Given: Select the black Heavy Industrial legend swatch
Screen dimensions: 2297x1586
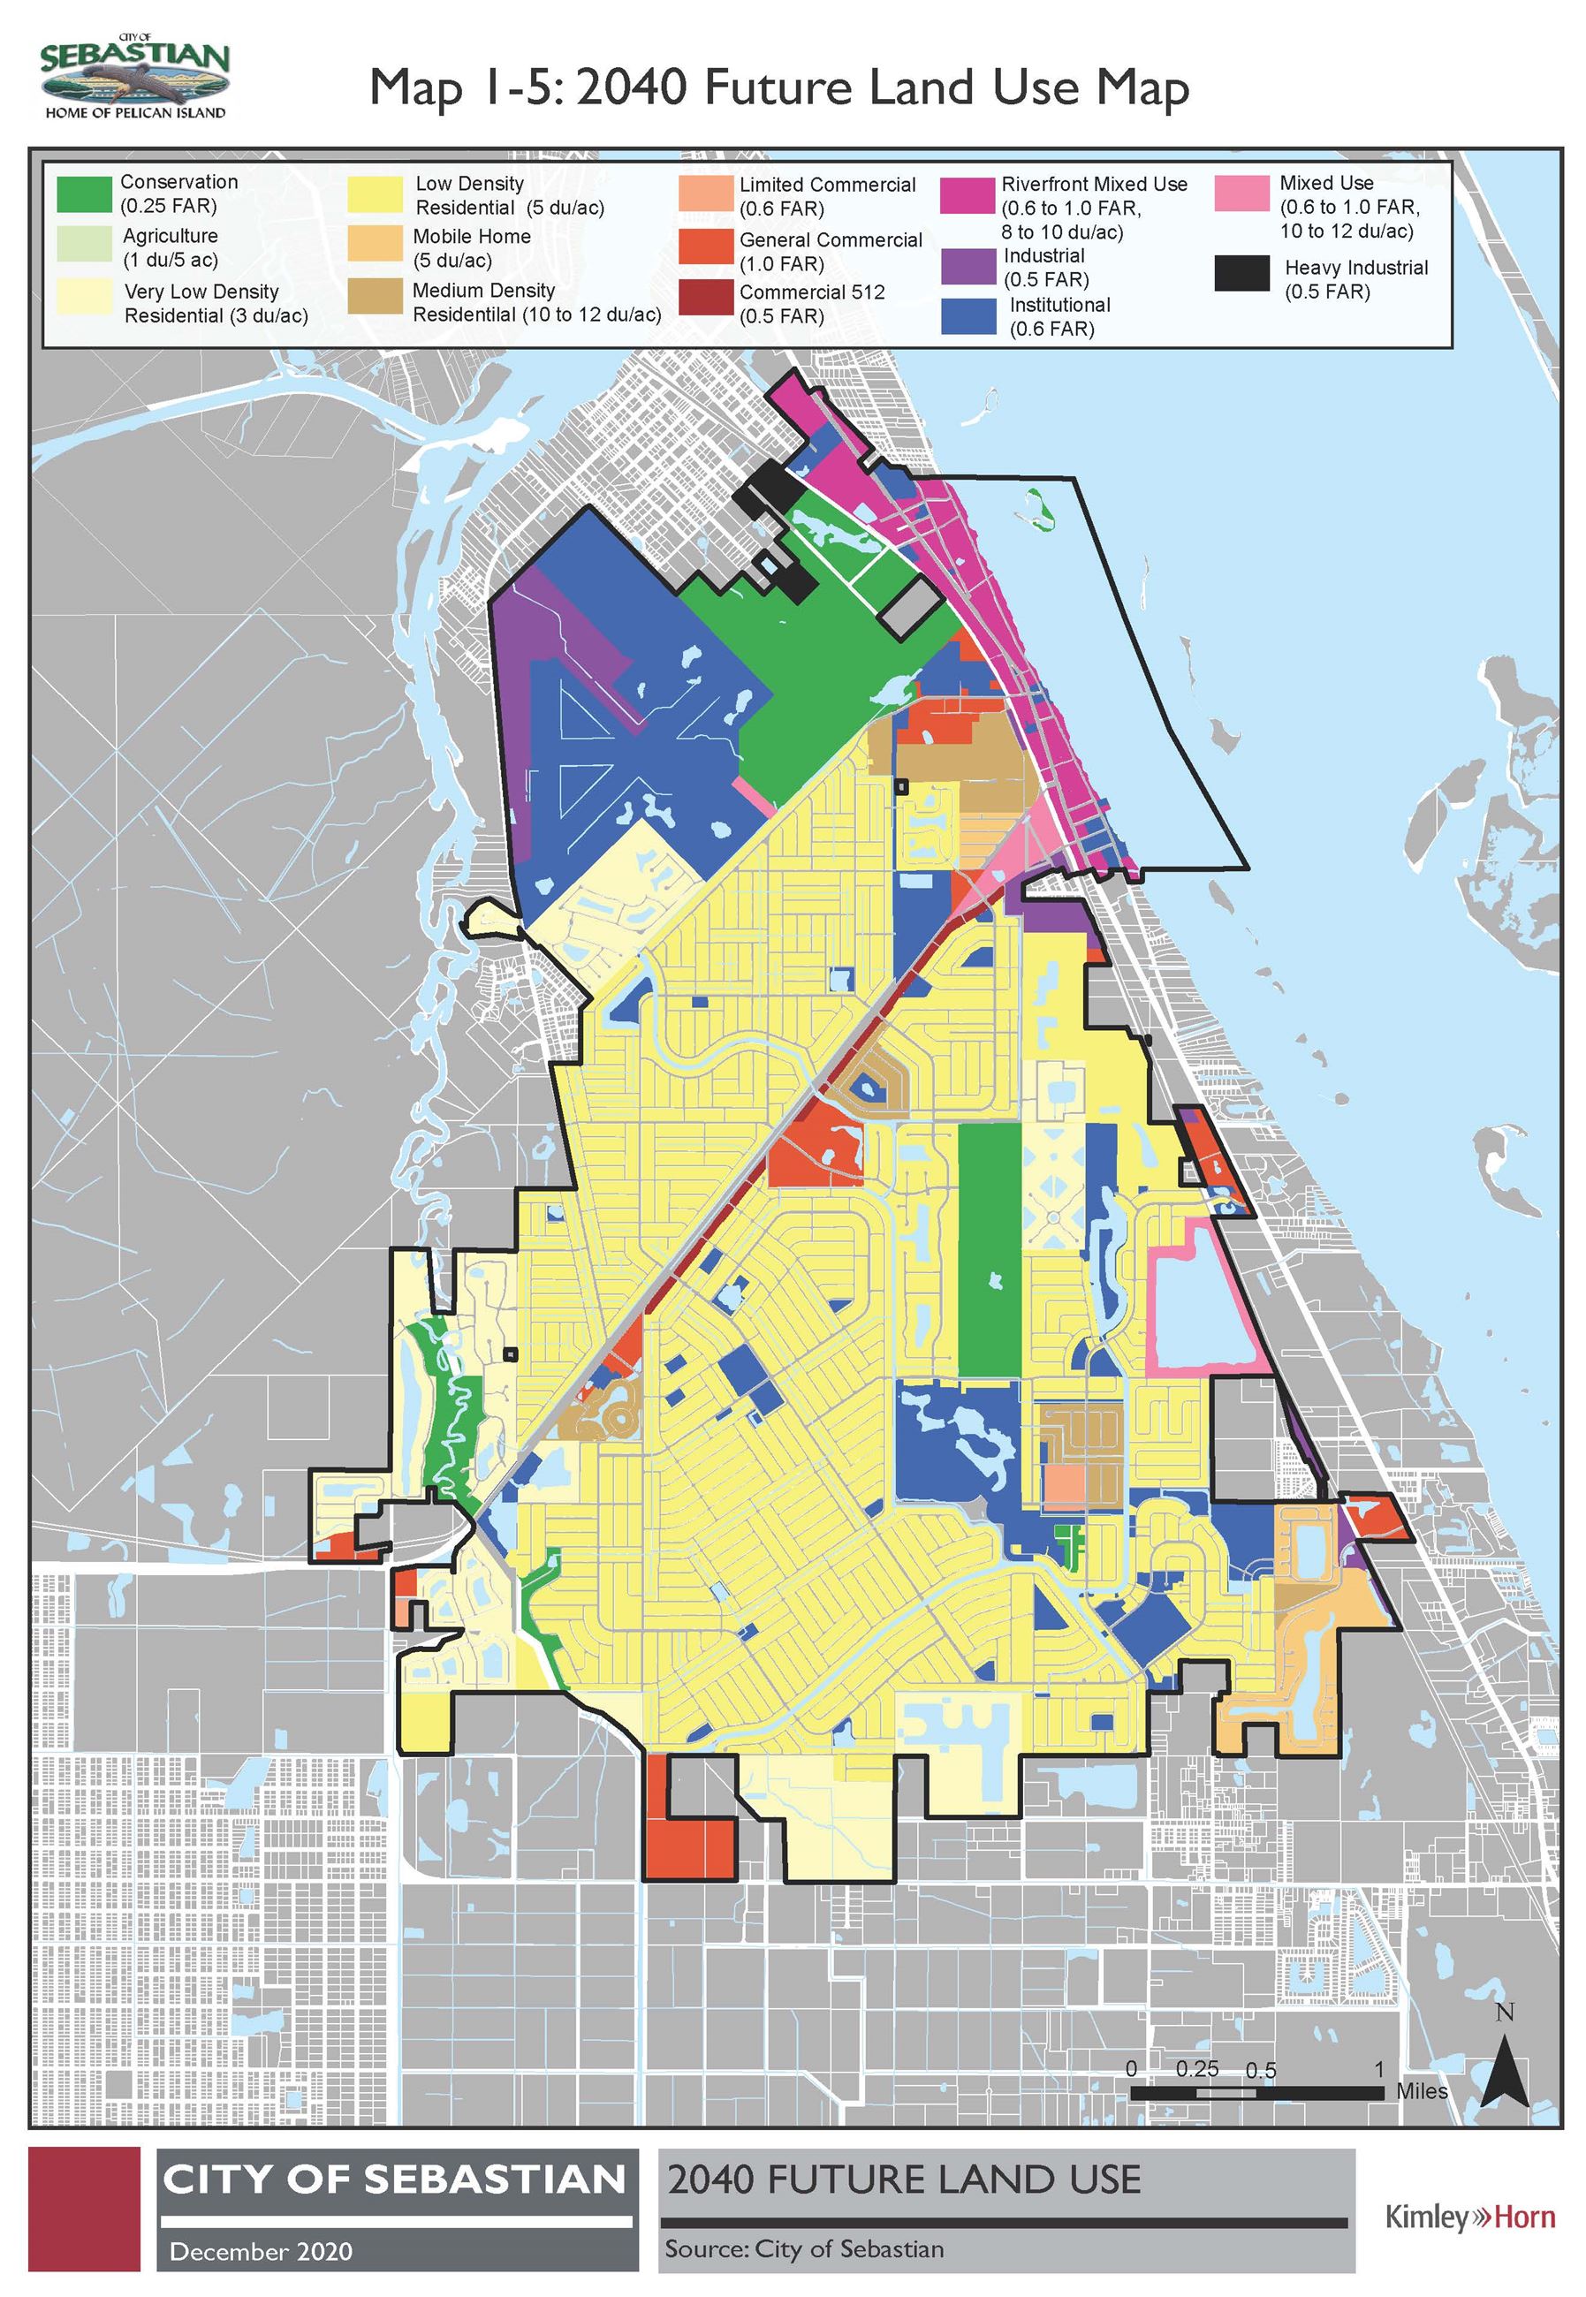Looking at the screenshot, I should tap(1241, 273).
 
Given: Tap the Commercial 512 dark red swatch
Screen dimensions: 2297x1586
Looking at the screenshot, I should tap(707, 298).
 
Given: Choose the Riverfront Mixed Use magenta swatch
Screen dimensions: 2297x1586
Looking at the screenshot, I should tap(967, 196).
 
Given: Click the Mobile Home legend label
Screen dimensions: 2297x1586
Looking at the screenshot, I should tap(471, 248).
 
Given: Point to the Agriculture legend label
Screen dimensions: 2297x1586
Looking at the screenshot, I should tap(170, 248).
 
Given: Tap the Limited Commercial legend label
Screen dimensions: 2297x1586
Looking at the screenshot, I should tap(827, 197).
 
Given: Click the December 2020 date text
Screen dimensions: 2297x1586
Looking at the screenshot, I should tap(261, 2250).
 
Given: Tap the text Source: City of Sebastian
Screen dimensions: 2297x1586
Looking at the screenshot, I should tap(804, 2248).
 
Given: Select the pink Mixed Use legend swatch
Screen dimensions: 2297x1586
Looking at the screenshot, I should tap(1241, 193).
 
